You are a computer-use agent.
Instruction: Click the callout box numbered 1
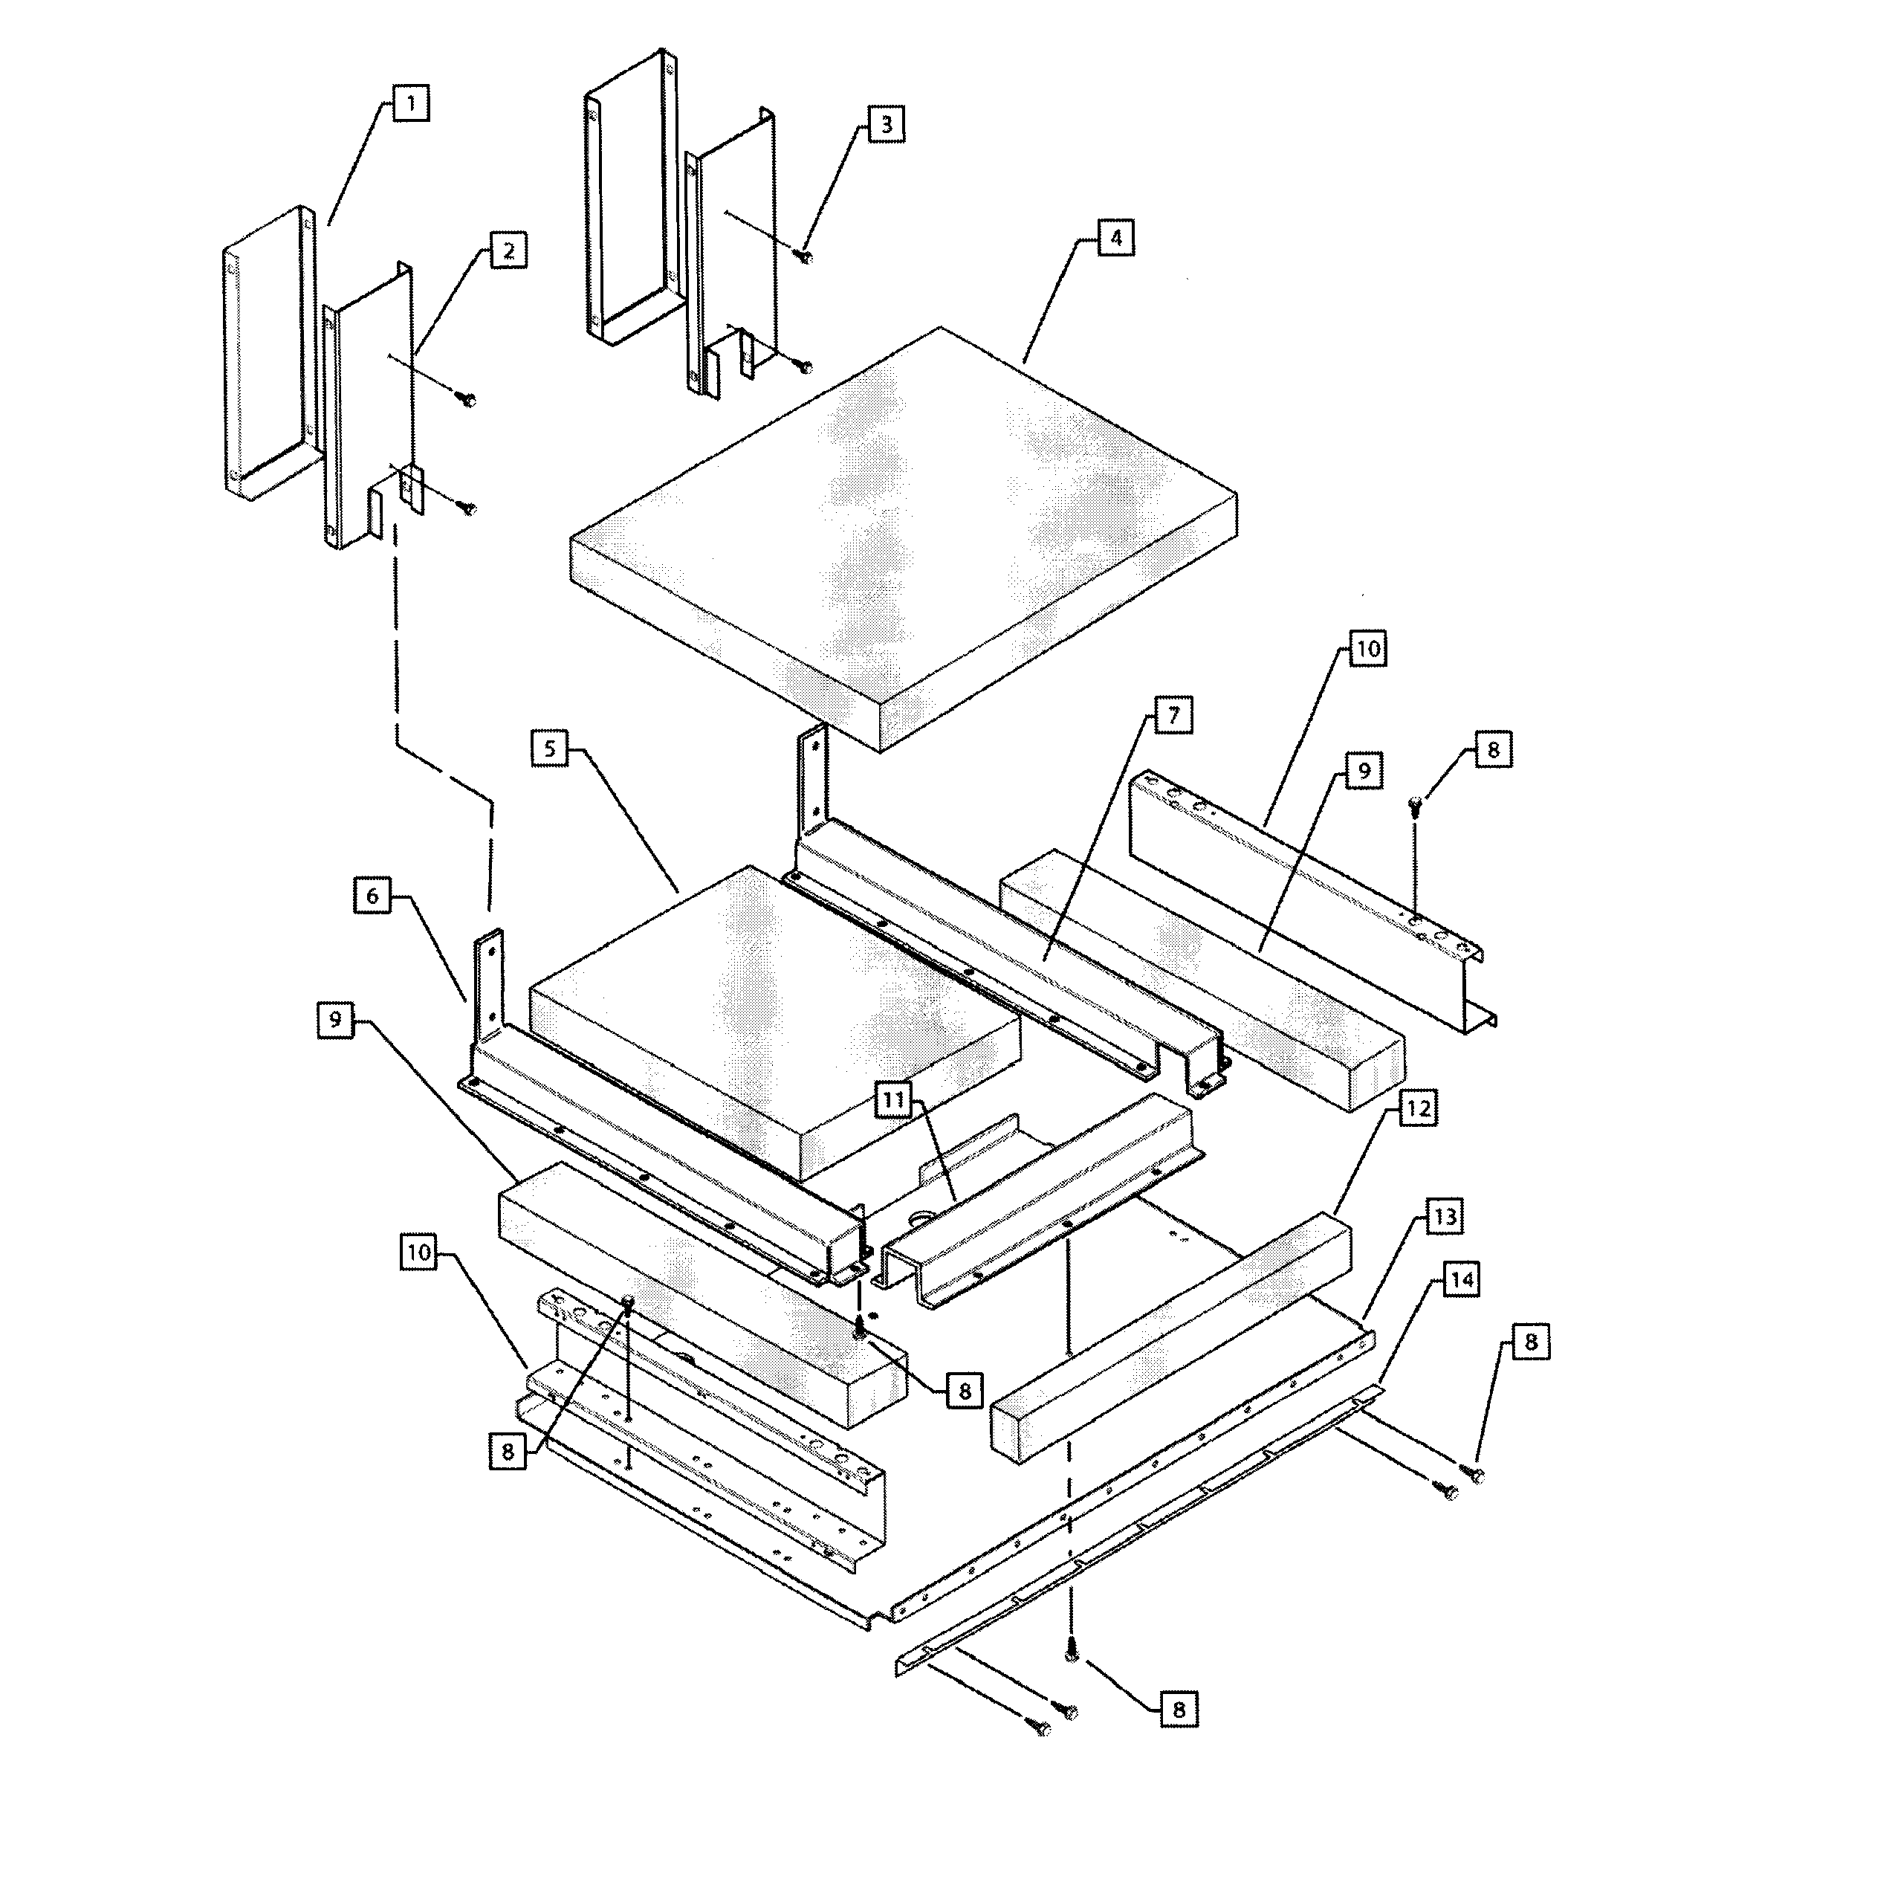(x=411, y=103)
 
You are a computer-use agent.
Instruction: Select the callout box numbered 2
(x=508, y=251)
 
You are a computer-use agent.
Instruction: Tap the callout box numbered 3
(x=887, y=124)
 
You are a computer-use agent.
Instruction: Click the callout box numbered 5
(x=550, y=750)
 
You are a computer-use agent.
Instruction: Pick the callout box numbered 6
(x=372, y=896)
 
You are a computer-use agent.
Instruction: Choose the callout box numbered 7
(x=1173, y=714)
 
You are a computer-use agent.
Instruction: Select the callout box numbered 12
(x=1417, y=1110)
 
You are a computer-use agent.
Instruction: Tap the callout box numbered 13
(x=1445, y=1218)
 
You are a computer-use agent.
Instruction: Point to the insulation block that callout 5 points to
(x=774, y=1020)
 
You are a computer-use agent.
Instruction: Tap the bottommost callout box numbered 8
(x=1179, y=1710)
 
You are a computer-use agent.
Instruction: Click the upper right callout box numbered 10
(x=1367, y=649)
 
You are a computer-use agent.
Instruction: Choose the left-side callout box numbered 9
(x=335, y=1021)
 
